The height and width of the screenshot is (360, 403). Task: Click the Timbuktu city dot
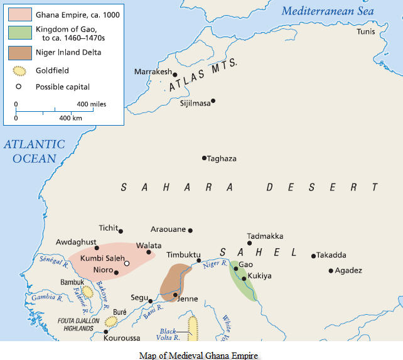click(199, 260)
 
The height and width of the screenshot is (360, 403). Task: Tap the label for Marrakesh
click(153, 72)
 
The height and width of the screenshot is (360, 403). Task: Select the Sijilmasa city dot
click(213, 101)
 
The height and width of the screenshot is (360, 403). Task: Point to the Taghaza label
click(222, 158)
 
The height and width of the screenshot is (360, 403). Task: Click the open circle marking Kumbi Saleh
click(127, 264)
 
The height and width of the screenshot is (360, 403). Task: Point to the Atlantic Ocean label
click(34, 151)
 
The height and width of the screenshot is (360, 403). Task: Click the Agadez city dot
click(331, 271)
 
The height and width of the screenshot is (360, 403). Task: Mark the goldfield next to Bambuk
click(87, 292)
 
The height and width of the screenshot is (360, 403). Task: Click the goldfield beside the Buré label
click(111, 322)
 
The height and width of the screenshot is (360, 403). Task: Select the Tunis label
click(368, 31)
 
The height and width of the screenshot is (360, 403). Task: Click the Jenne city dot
click(175, 294)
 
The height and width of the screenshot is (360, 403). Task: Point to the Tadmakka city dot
click(249, 243)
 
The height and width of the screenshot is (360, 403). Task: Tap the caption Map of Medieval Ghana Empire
click(198, 355)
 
